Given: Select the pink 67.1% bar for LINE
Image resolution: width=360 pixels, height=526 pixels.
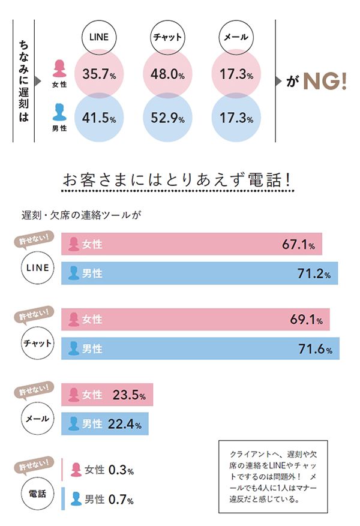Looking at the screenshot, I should click(192, 245).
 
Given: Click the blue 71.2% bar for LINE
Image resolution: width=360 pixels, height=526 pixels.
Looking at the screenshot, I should click(200, 273).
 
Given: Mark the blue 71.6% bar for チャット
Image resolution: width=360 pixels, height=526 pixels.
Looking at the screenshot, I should click(200, 348).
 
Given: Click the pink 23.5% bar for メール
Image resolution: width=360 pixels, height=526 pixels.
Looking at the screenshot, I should click(107, 395).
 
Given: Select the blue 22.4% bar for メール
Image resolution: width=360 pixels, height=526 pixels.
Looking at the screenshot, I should click(104, 424).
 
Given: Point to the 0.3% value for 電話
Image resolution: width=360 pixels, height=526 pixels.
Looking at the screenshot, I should click(121, 470).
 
